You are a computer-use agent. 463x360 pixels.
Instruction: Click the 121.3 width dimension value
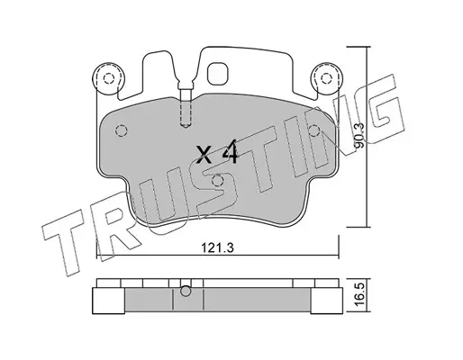[217, 248]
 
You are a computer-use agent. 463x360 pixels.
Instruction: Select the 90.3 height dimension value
[359, 136]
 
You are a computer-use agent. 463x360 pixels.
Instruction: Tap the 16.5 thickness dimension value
[359, 295]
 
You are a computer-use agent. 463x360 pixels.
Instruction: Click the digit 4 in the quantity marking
[230, 154]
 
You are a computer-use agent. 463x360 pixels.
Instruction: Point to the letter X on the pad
[204, 154]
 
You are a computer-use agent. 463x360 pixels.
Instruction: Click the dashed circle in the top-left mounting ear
[109, 78]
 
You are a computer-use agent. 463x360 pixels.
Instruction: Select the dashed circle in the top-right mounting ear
[326, 78]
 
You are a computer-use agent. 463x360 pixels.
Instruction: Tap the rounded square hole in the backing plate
[218, 74]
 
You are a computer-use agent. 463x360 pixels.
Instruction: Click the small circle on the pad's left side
[122, 130]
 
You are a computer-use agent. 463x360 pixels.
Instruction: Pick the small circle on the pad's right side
[314, 130]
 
